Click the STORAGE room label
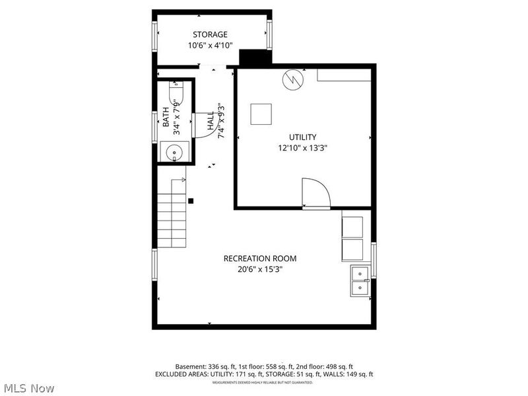coord(210,34)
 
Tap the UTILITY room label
coord(302,137)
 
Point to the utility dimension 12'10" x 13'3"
coord(302,148)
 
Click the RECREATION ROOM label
coord(259,258)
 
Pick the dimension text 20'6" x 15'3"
coord(259,269)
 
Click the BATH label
coord(166,121)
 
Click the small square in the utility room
coord(261,114)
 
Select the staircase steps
coord(172,214)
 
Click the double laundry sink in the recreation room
coord(360,280)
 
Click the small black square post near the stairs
coord(191,201)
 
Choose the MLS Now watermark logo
coord(28,388)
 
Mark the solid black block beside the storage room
coord(255,57)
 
